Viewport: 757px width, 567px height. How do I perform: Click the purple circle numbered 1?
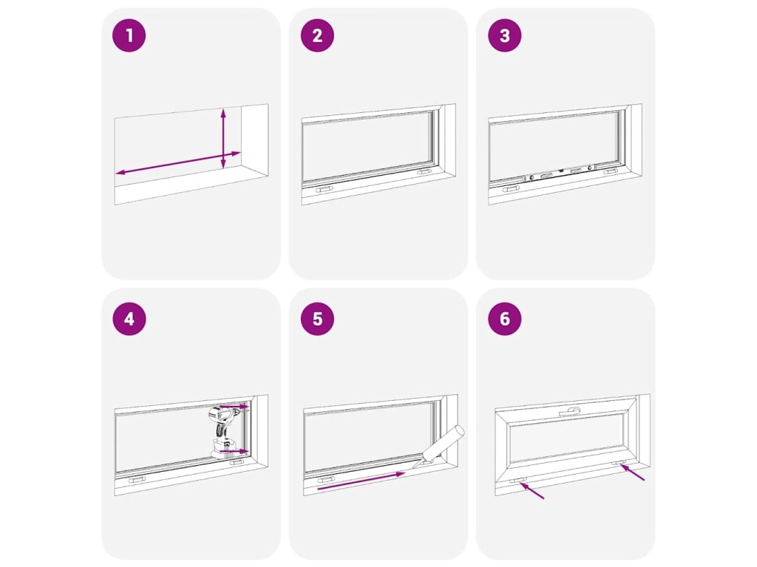coord(129,35)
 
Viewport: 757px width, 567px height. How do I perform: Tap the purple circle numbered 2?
coord(317,35)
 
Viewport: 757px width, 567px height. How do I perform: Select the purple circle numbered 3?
coord(504,35)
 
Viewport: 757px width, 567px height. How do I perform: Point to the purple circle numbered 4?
coord(129,319)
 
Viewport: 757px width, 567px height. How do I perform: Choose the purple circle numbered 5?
coord(317,319)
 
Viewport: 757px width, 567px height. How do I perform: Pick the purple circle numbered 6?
coord(504,319)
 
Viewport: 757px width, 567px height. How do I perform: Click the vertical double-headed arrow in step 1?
coord(223,139)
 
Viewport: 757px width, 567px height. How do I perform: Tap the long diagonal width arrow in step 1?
coord(178,163)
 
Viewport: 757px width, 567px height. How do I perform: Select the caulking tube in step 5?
coord(440,447)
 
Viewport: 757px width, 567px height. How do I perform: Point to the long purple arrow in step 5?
coord(361,481)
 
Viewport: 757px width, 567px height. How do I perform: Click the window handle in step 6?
coord(571,412)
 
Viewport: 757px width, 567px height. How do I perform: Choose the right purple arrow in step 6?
coord(632,472)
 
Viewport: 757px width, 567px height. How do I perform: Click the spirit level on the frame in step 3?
coord(560,173)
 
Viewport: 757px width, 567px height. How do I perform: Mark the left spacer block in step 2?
coord(324,190)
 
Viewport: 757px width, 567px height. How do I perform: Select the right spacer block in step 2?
coord(424,171)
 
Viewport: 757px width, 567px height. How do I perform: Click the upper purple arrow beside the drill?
coord(234,407)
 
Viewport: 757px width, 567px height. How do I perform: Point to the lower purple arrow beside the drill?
coord(234,452)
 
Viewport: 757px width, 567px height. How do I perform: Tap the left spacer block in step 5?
coord(326,480)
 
